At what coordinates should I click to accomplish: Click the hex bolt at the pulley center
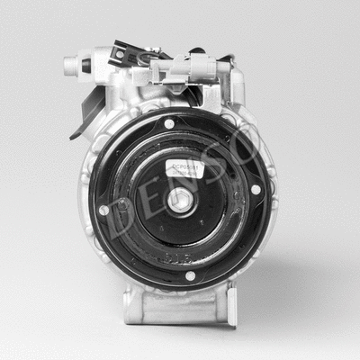[x=181, y=201]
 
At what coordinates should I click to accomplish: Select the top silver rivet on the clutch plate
[x=169, y=123]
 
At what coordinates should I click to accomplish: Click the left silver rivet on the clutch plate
[x=103, y=210]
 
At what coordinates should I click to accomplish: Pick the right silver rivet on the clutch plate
[x=256, y=189]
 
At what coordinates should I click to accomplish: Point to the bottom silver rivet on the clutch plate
[x=190, y=275]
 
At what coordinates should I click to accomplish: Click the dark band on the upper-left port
[x=86, y=65]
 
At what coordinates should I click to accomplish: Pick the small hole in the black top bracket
[x=119, y=54]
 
